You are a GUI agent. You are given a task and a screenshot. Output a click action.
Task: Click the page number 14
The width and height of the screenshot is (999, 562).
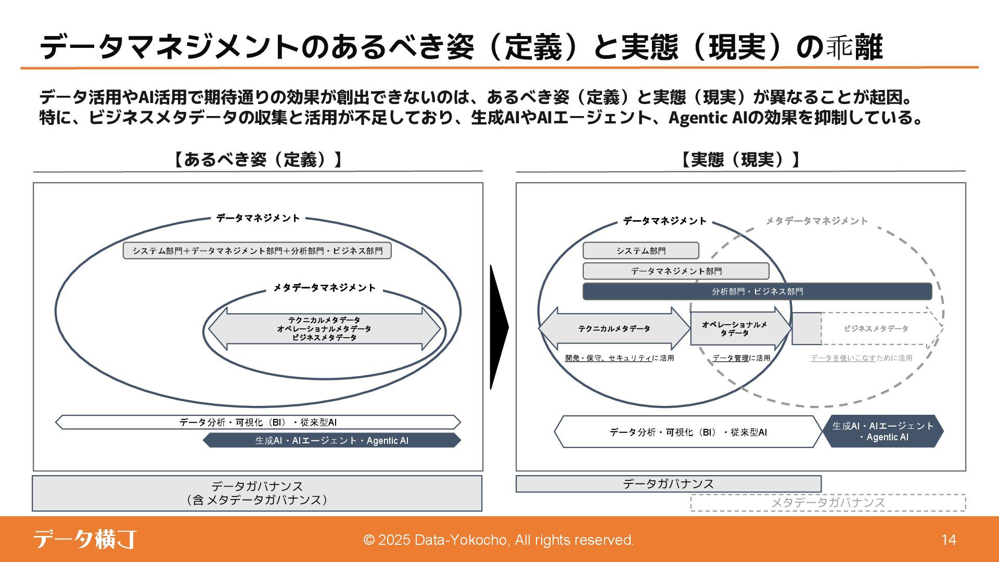pyautogui.click(x=949, y=540)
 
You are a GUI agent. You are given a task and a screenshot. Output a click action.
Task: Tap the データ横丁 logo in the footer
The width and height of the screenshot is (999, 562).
pyautogui.click(x=85, y=539)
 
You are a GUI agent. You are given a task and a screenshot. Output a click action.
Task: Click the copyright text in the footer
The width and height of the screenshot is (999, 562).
pyautogui.click(x=498, y=540)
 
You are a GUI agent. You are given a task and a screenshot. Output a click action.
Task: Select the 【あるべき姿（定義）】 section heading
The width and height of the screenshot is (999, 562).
pyautogui.click(x=258, y=160)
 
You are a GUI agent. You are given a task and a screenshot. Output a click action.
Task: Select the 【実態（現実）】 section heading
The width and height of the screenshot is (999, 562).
pyautogui.click(x=740, y=160)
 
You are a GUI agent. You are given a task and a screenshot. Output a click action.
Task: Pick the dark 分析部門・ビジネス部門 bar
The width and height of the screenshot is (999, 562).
pyautogui.click(x=757, y=291)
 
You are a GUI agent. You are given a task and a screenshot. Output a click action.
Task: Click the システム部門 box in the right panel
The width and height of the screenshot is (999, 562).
pyautogui.click(x=641, y=251)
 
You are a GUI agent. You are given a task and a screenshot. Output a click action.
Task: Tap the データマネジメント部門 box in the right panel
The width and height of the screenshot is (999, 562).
pyautogui.click(x=676, y=271)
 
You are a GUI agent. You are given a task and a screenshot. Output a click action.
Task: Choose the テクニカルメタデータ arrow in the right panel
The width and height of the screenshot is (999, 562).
pyautogui.click(x=614, y=329)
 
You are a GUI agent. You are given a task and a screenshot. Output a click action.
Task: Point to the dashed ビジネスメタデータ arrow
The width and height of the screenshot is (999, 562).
pyautogui.click(x=875, y=329)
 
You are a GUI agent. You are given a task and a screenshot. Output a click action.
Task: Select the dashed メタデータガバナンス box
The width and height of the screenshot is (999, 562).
pyautogui.click(x=828, y=503)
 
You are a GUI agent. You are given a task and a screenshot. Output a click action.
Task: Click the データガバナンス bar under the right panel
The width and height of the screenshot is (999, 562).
pyautogui.click(x=668, y=484)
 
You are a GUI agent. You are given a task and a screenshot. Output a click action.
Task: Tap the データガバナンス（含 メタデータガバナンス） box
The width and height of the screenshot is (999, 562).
pyautogui.click(x=257, y=493)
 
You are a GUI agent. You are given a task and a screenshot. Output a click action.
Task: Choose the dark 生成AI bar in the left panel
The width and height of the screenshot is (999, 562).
pyautogui.click(x=331, y=441)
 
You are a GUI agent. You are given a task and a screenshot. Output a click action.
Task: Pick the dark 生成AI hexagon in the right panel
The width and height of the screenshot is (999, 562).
pyautogui.click(x=883, y=431)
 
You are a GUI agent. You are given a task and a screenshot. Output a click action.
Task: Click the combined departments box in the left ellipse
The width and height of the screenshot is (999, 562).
pyautogui.click(x=257, y=251)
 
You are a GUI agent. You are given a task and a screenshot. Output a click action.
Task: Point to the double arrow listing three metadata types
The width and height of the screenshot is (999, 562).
pyautogui.click(x=324, y=329)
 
